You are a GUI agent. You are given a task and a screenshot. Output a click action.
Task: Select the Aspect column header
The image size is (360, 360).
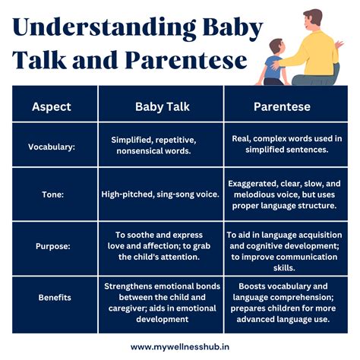52,106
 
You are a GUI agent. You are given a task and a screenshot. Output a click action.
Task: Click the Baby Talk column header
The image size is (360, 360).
160,106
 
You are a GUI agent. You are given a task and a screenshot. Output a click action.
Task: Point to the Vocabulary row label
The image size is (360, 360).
52,146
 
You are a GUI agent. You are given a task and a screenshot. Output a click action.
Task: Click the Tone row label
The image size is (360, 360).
52,194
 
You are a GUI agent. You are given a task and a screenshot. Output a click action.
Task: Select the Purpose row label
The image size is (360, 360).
52,246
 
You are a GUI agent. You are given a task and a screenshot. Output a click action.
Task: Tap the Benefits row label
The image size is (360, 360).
52,297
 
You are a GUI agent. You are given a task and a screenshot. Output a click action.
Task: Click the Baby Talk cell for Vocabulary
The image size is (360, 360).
160,146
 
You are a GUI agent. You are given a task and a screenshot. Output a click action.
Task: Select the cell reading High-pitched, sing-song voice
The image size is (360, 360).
160,194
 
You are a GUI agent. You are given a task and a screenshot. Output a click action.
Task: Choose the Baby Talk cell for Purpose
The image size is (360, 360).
160,246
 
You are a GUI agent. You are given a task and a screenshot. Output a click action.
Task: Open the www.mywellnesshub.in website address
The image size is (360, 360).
180,345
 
